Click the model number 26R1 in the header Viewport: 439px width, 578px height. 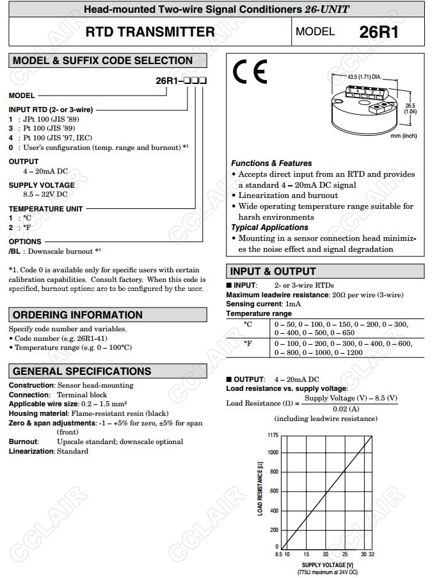(379, 32)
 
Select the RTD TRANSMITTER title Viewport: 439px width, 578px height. (150, 32)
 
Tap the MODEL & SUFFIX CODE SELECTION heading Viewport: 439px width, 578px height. (103, 61)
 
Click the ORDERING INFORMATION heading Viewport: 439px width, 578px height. (78, 315)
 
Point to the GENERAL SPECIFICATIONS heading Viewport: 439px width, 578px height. (83, 371)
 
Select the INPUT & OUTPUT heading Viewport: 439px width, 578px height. (273, 271)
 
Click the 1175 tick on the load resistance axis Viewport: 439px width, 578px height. (273, 435)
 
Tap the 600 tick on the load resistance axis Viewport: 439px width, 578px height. (274, 491)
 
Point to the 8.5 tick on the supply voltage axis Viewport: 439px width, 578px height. (279, 554)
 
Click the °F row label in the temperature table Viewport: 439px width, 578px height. (248, 344)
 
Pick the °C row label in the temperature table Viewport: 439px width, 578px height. (248, 325)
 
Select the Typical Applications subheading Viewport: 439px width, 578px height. (269, 227)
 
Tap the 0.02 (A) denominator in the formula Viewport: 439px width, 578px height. (346, 409)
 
